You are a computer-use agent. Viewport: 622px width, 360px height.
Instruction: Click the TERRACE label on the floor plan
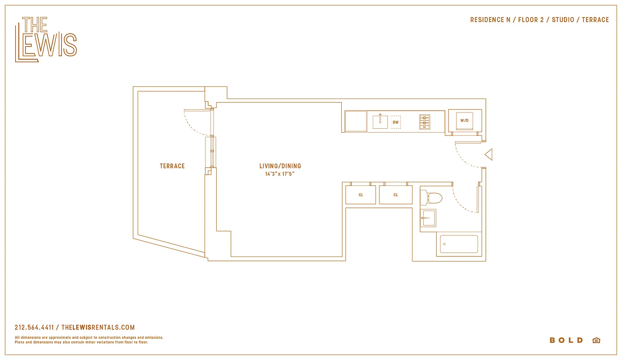pyautogui.click(x=172, y=166)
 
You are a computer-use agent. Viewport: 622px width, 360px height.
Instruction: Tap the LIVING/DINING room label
pyautogui.click(x=280, y=166)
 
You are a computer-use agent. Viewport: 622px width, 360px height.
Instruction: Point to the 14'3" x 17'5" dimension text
pyautogui.click(x=280, y=174)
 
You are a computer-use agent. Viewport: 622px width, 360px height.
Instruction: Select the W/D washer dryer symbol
pyautogui.click(x=465, y=121)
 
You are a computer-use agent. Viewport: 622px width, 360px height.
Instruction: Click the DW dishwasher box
pyautogui.click(x=395, y=122)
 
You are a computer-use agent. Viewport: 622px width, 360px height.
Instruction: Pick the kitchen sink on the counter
pyautogui.click(x=380, y=121)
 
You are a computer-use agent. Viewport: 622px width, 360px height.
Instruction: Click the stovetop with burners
pyautogui.click(x=425, y=122)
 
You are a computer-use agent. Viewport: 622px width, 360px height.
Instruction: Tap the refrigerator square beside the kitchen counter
pyautogui.click(x=356, y=121)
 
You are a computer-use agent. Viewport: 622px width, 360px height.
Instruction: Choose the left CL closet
pyautogui.click(x=361, y=195)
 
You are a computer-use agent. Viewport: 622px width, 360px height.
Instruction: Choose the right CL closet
pyautogui.click(x=395, y=195)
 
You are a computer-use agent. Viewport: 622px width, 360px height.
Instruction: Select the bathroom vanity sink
pyautogui.click(x=428, y=218)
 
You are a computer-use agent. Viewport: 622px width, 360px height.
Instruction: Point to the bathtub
pyautogui.click(x=459, y=244)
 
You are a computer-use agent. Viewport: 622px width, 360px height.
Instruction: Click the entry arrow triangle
pyautogui.click(x=489, y=155)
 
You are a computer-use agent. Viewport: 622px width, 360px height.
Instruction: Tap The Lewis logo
pyautogui.click(x=46, y=39)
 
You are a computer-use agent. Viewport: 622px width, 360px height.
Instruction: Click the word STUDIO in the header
pyautogui.click(x=563, y=20)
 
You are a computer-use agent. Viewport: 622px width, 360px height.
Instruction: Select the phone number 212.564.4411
pyautogui.click(x=34, y=328)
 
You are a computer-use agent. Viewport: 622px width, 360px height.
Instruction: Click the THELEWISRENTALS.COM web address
pyautogui.click(x=98, y=328)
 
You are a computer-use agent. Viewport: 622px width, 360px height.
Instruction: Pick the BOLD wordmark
pyautogui.click(x=566, y=340)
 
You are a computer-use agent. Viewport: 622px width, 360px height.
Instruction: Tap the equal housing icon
pyautogui.click(x=596, y=340)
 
